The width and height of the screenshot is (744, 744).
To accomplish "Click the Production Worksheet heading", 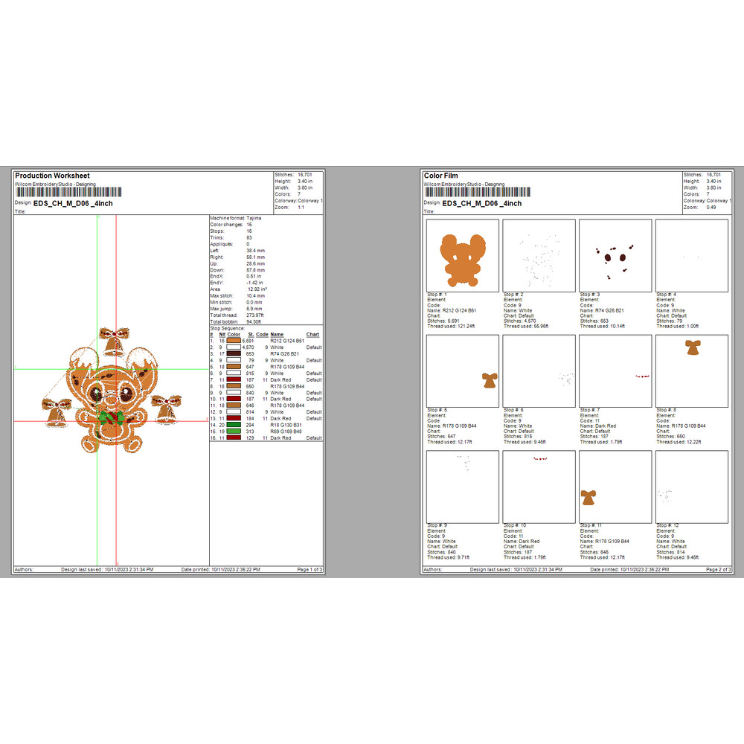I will [x=52, y=176].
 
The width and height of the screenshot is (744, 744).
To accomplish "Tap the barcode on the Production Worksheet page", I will [x=67, y=192].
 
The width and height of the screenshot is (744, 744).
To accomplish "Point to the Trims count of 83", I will [x=249, y=237].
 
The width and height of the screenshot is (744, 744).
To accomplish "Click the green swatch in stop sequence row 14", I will [x=234, y=425].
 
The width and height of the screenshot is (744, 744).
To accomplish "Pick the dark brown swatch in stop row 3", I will [x=234, y=353].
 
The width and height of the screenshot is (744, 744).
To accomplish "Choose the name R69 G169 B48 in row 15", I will [x=286, y=432].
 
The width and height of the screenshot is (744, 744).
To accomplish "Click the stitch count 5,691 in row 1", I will [x=250, y=341].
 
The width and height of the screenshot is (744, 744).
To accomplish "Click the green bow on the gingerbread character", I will [x=109, y=415].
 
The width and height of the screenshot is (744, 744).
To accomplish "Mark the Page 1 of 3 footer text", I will [x=310, y=570].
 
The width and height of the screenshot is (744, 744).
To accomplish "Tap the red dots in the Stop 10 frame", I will [x=539, y=460].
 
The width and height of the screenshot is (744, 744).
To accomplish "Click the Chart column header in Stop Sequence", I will [x=312, y=335].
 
